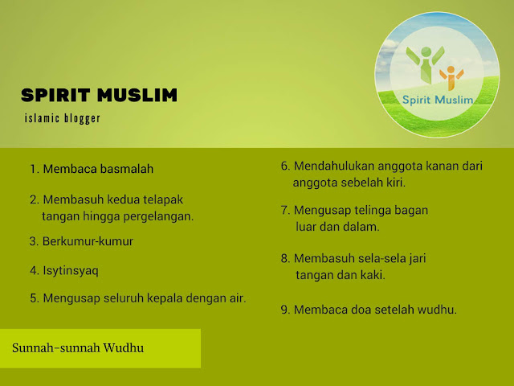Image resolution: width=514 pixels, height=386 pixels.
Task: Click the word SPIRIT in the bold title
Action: [x=55, y=95]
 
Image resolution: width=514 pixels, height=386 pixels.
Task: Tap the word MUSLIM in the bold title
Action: [x=137, y=95]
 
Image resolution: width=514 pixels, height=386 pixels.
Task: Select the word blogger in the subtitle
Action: [x=82, y=118]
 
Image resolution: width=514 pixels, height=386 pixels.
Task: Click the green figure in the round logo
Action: [x=426, y=64]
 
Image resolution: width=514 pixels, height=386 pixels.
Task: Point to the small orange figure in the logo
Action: [x=451, y=78]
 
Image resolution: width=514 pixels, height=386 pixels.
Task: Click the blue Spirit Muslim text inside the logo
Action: [x=438, y=100]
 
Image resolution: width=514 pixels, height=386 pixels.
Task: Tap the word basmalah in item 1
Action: [x=127, y=169]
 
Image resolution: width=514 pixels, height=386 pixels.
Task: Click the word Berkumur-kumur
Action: [x=88, y=241]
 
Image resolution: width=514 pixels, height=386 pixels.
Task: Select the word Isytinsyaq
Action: [x=71, y=271]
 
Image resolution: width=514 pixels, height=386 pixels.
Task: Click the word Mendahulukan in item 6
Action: [x=334, y=166]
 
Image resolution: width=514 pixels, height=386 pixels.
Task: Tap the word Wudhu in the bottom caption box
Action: [x=123, y=348]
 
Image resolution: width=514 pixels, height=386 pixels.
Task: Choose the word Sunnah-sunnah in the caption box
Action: [x=56, y=348]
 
